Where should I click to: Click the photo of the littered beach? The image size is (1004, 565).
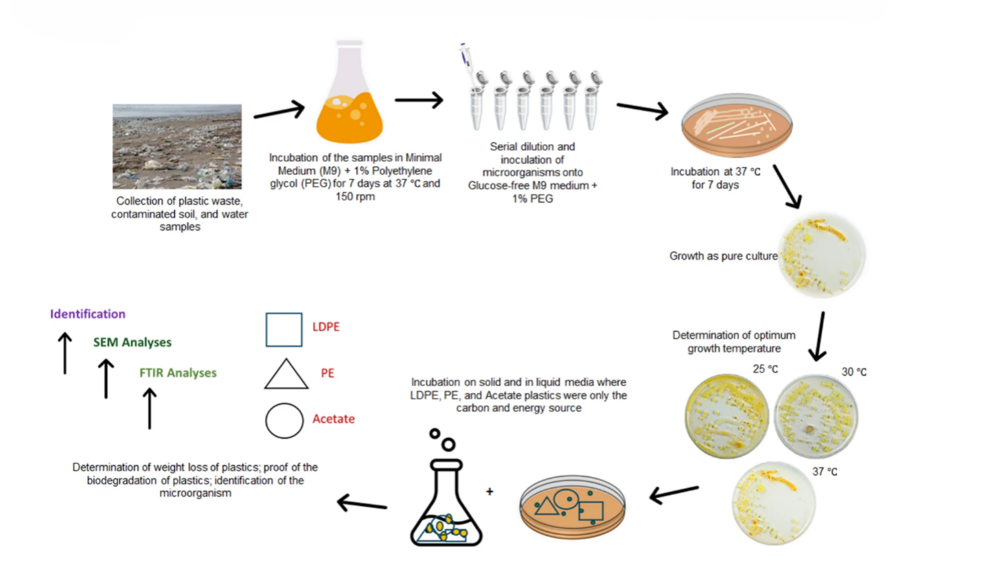(177, 147)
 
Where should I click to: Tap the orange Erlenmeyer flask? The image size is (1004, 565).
(350, 92)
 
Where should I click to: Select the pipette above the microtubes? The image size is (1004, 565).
(466, 63)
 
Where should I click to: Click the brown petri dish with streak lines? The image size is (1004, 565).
(737, 126)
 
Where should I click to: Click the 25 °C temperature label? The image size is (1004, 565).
(766, 369)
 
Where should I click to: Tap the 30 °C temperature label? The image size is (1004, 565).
(854, 372)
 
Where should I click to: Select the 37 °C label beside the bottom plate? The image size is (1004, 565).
(824, 472)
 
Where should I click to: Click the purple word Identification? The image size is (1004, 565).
(88, 314)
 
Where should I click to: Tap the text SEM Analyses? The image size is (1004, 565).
(133, 343)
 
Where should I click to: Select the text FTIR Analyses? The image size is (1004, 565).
(178, 373)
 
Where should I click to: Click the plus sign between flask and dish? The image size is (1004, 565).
(490, 492)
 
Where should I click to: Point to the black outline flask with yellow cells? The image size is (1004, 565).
(446, 502)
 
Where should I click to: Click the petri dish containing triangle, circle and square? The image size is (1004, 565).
(573, 507)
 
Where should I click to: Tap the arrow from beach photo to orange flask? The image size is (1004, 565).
(279, 111)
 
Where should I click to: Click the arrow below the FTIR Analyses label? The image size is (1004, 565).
(150, 409)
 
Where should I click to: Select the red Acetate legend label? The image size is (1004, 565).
(333, 419)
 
